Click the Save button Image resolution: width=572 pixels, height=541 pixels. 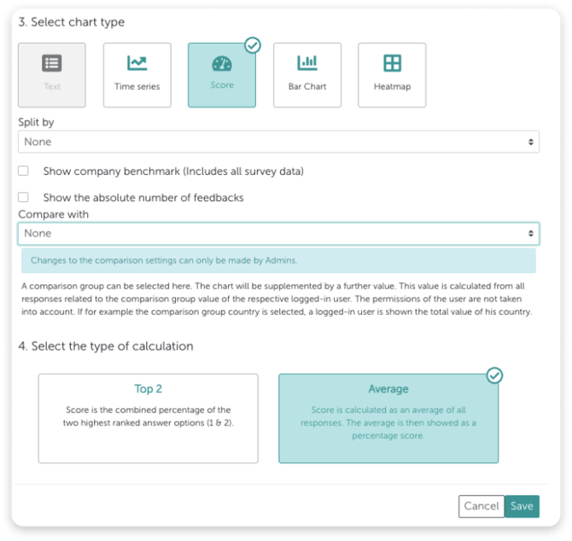[522, 506]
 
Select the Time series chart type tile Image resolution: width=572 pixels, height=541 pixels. [137, 75]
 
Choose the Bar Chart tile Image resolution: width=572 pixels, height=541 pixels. [307, 75]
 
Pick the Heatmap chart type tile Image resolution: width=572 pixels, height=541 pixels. [392, 75]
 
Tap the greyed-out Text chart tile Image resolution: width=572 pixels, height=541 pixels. [52, 75]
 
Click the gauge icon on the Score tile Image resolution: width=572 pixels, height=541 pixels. [222, 63]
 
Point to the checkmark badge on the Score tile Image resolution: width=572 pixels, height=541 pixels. [253, 45]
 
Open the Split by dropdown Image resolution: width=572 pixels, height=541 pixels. [278, 142]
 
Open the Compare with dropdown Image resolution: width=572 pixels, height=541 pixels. [278, 233]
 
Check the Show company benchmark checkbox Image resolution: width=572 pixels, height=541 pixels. [23, 171]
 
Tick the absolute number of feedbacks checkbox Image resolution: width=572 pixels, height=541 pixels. [23, 197]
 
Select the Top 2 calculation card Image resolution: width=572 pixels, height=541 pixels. [148, 418]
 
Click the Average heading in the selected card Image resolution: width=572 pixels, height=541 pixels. [388, 389]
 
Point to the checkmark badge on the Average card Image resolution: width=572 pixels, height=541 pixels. [494, 375]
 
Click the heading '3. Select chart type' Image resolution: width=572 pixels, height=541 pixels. [72, 22]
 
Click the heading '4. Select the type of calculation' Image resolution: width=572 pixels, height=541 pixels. [106, 346]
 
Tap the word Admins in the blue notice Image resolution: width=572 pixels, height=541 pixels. [281, 260]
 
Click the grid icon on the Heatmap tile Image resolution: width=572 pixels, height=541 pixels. [392, 63]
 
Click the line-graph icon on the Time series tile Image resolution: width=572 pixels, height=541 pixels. [137, 63]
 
